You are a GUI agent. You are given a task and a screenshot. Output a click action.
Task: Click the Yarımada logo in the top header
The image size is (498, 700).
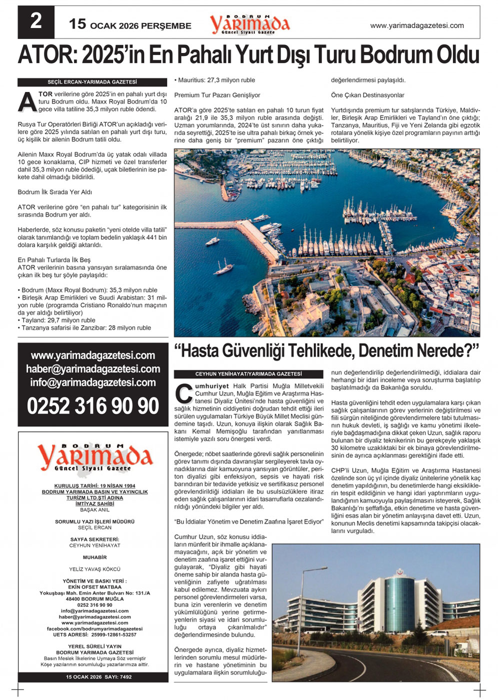point(249,23)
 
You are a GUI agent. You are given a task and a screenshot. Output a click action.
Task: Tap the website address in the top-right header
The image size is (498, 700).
point(416,25)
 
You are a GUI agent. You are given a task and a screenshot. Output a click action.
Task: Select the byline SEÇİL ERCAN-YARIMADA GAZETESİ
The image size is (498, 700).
point(92,82)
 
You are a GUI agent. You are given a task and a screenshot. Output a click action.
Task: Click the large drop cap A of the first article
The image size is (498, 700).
point(27,101)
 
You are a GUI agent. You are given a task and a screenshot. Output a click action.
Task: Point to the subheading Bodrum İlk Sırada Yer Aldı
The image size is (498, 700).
point(55,192)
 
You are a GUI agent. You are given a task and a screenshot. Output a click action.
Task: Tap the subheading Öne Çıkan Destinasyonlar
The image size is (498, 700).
point(367,95)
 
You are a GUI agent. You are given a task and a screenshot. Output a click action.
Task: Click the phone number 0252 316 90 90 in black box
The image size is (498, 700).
point(93,406)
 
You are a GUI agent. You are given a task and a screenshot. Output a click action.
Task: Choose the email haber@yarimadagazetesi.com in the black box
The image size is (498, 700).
point(93,369)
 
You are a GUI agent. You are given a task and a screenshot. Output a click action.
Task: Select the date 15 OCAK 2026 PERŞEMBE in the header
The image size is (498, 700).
point(130,25)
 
